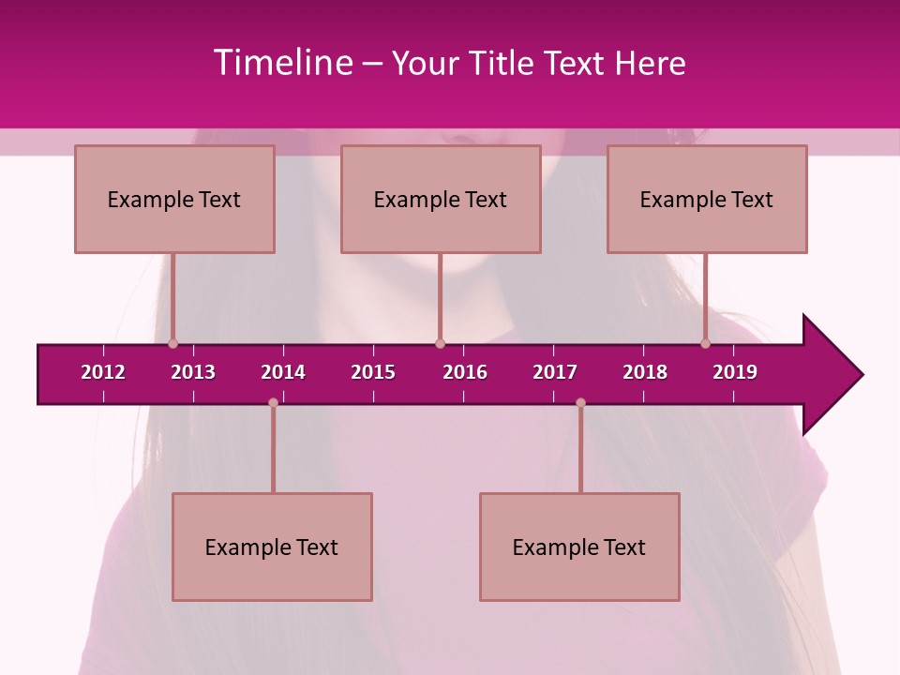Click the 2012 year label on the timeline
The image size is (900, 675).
[x=103, y=372]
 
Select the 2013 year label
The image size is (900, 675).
[x=193, y=372]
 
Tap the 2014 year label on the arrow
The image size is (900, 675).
[x=283, y=372]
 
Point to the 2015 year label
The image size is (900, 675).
[x=373, y=372]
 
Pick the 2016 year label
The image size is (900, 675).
[x=465, y=372]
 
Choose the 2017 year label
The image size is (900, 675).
[x=555, y=372]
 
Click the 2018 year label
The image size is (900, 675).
[x=645, y=372]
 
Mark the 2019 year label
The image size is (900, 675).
[x=735, y=372]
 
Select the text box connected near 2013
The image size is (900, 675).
[x=174, y=199]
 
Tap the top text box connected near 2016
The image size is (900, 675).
[x=441, y=199]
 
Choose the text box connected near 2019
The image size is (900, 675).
[x=707, y=199]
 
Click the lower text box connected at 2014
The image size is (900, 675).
[x=272, y=547]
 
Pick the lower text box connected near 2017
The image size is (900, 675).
[x=579, y=547]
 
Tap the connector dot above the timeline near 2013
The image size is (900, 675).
[x=173, y=344]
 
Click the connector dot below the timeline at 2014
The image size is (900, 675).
[x=273, y=403]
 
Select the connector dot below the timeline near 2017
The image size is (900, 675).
[x=580, y=403]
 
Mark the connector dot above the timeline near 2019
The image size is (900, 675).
[x=706, y=344]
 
